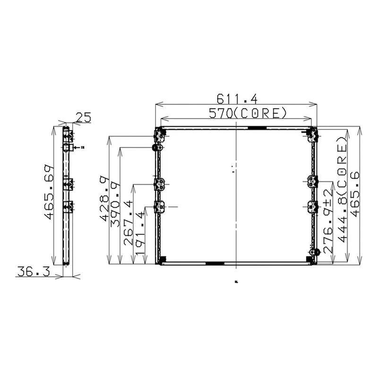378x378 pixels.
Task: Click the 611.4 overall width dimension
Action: (x=236, y=99)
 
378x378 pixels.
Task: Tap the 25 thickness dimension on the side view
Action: (x=83, y=117)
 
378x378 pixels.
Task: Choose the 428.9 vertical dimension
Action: (x=104, y=198)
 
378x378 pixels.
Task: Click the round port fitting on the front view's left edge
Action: (x=155, y=148)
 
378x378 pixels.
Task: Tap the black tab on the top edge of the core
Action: (x=258, y=128)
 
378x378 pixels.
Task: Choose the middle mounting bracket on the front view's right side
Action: (x=312, y=181)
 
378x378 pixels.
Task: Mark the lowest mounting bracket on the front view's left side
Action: (x=159, y=206)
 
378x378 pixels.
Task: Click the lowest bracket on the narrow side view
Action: (x=69, y=206)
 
